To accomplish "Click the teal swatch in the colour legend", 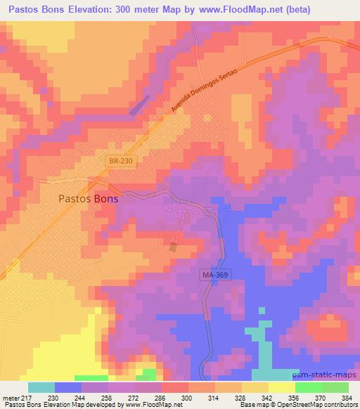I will click(x=41, y=388).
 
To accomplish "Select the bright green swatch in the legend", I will click(x=309, y=388).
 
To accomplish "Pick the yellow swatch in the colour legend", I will click(x=282, y=388).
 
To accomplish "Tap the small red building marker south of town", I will click(x=173, y=246).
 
